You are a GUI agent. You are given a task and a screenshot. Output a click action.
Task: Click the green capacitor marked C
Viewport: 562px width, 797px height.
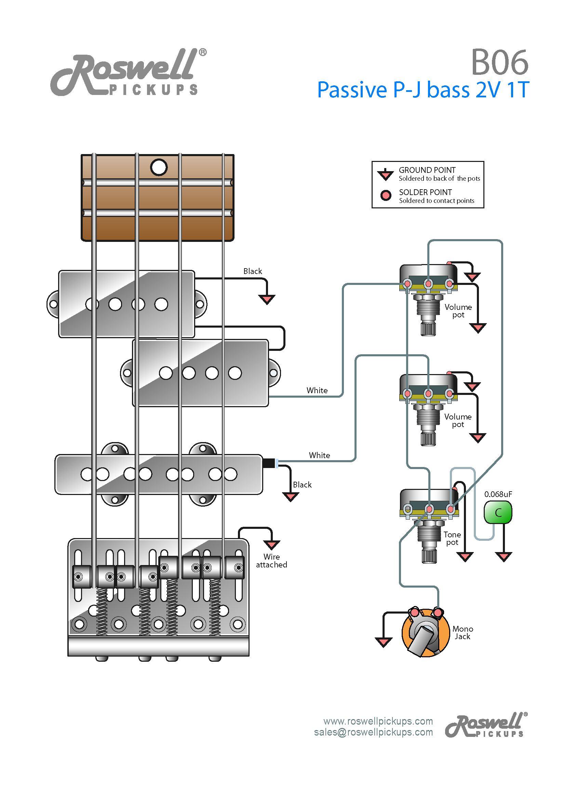coord(498,512)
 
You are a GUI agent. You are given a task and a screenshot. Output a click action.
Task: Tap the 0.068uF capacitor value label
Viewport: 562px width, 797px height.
coord(498,494)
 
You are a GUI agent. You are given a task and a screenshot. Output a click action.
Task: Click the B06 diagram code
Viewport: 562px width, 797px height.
coord(499,63)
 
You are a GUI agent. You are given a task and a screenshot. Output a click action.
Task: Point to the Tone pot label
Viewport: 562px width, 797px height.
coord(452,538)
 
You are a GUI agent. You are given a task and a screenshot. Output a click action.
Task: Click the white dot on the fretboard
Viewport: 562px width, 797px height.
coord(159,167)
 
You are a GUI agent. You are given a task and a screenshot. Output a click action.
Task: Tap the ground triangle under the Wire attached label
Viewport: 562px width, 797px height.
coord(272,545)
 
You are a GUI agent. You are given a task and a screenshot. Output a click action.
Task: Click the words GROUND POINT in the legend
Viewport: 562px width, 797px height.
coord(427,170)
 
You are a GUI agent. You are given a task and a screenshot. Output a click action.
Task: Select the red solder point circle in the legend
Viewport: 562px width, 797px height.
coord(386,195)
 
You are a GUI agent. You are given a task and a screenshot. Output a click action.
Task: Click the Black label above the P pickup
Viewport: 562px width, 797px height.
coord(253,271)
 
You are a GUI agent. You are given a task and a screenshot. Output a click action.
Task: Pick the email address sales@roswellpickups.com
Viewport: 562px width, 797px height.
coord(373,732)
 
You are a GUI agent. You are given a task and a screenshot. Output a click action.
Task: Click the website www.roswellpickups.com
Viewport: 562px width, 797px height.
coord(378,721)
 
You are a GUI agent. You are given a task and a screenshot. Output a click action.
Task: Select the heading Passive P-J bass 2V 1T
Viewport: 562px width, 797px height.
coord(423,90)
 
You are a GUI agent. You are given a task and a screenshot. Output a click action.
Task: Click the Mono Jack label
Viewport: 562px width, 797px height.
coord(463,632)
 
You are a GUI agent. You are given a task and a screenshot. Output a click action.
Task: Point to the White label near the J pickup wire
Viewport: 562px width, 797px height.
coord(319,455)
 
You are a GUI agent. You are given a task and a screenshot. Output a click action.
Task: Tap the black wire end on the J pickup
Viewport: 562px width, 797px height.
coord(268,463)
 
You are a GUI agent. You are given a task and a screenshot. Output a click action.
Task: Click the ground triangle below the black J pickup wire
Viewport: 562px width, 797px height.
coord(290,497)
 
